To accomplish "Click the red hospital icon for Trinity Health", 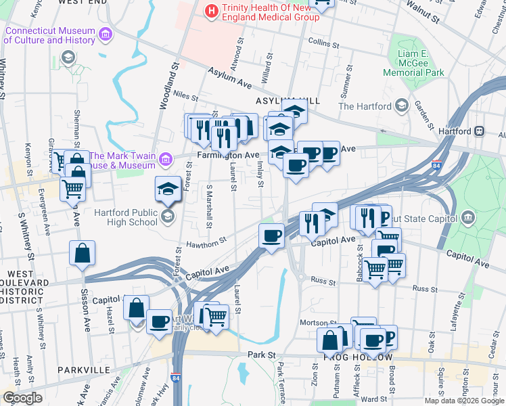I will point(212,11).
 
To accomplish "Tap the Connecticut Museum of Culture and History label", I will point(49,35).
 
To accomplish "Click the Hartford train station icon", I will point(479,131).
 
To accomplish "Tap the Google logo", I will point(23,398).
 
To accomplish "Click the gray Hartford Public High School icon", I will point(167,216).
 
